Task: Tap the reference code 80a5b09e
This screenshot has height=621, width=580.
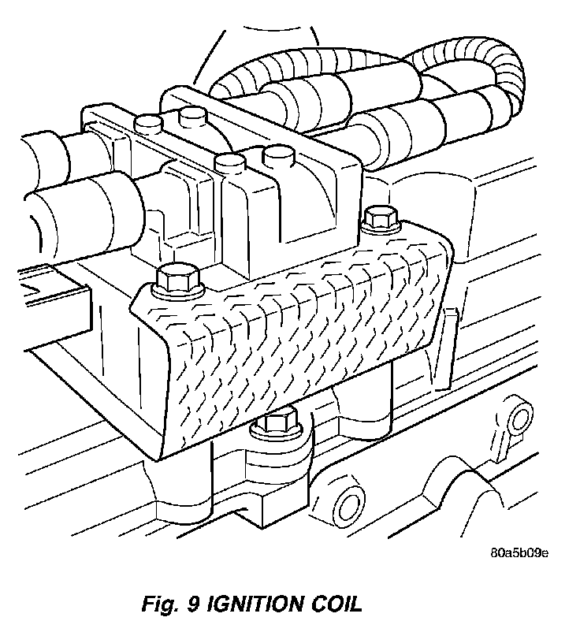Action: click(519, 551)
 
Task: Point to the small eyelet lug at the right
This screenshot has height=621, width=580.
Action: click(515, 415)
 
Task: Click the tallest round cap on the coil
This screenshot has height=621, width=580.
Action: click(278, 155)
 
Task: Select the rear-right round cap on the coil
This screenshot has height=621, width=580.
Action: click(192, 119)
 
